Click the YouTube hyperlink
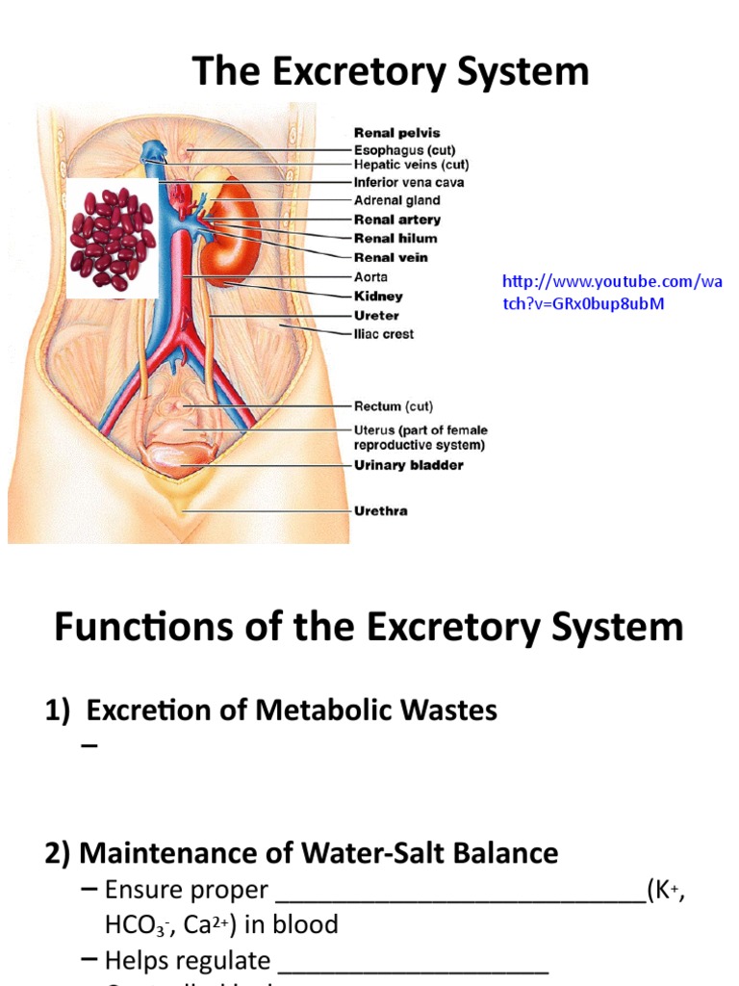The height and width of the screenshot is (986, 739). click(611, 292)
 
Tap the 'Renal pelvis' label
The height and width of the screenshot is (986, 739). click(396, 133)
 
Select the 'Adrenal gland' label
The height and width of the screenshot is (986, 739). click(396, 200)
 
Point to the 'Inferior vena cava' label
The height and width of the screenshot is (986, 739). click(409, 181)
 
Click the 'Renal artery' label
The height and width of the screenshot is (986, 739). click(397, 220)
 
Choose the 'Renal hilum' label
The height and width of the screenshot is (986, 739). click(395, 238)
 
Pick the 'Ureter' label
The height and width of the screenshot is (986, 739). click(376, 315)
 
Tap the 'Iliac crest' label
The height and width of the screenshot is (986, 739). click(384, 334)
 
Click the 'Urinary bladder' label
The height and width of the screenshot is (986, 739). click(409, 465)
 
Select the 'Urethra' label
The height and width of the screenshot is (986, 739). click(381, 510)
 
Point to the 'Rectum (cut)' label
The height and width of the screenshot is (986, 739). click(391, 406)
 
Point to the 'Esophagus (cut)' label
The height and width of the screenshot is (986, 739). click(405, 150)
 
